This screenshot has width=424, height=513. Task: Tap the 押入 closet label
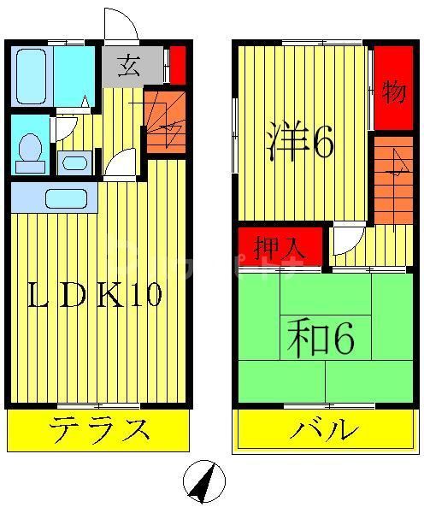coord(280,247)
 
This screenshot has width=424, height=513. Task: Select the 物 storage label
coord(393,91)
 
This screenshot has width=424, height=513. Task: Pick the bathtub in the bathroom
coord(32,75)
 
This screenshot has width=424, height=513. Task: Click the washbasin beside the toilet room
coord(75,162)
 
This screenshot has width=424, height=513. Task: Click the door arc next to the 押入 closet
coord(348,240)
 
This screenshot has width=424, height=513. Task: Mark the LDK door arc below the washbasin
coord(120,162)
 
